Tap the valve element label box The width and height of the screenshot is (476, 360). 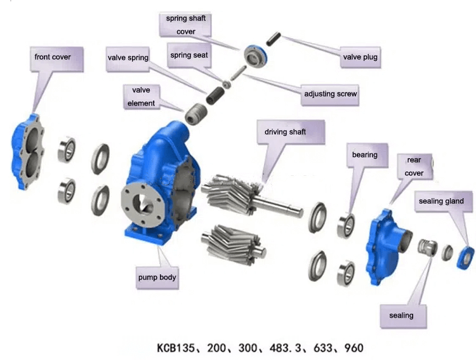point(141,97)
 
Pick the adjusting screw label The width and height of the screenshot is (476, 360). point(330,95)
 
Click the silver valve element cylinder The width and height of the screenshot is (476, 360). point(194,116)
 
